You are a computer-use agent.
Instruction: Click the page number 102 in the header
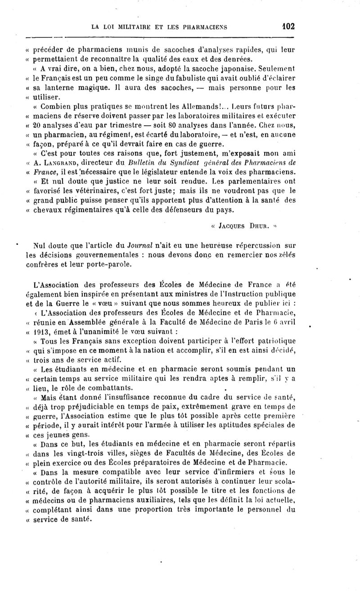pos(286,26)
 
